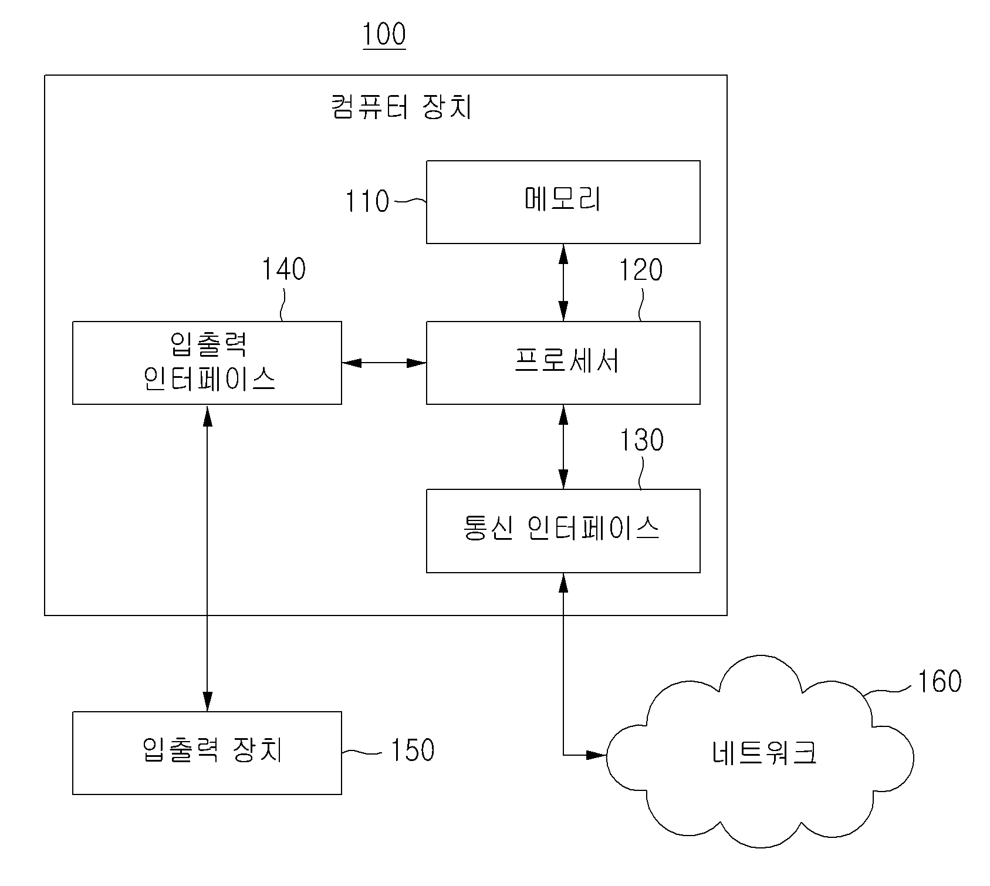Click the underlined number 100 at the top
pyautogui.click(x=384, y=35)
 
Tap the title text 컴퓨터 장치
pyautogui.click(x=401, y=107)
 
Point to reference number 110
pyautogui.click(x=367, y=201)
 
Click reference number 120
pyautogui.click(x=641, y=270)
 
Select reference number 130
pyautogui.click(x=642, y=439)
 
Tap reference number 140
pyautogui.click(x=283, y=269)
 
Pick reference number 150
pyautogui.click(x=413, y=750)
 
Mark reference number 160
pyautogui.click(x=939, y=681)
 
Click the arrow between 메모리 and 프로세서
pyautogui.click(x=563, y=282)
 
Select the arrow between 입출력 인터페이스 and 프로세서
pyautogui.click(x=384, y=363)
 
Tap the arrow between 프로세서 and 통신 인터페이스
pyautogui.click(x=563, y=447)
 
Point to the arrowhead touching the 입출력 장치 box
pyautogui.click(x=207, y=702)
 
